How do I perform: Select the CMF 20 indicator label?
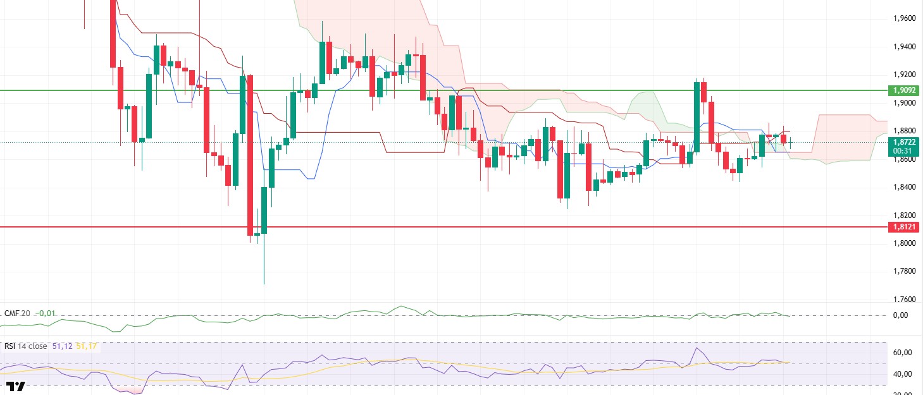(x=17, y=313)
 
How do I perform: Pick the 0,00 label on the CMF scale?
(x=899, y=315)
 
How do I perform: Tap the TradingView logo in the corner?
(x=15, y=387)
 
